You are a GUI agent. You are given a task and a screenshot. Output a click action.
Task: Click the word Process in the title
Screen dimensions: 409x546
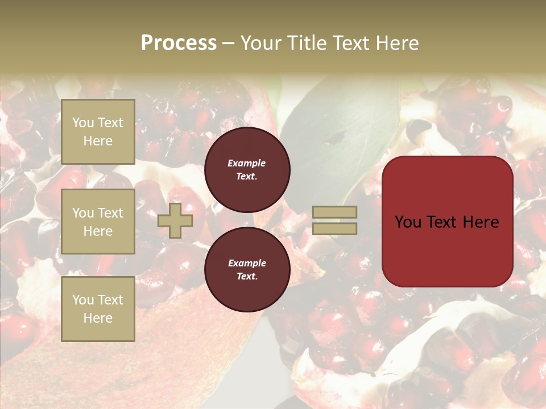[x=179, y=43]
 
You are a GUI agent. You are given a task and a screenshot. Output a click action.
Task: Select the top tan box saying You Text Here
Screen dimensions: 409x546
[x=98, y=132]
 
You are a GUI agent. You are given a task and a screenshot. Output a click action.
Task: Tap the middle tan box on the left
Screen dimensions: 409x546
[x=98, y=222]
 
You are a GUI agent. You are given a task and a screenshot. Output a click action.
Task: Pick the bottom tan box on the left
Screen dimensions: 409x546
[x=98, y=309]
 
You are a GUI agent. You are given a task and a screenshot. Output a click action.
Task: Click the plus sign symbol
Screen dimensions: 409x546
[x=175, y=221]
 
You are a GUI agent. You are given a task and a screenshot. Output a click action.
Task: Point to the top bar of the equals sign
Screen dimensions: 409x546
[x=335, y=212]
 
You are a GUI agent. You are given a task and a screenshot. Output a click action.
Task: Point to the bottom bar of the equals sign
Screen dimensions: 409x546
[x=335, y=229]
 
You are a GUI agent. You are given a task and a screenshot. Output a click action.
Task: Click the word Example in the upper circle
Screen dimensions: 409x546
[x=246, y=163]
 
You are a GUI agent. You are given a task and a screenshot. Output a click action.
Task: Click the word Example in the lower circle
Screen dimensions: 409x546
[x=246, y=263]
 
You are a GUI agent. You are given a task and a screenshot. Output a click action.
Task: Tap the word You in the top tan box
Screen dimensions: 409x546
[x=83, y=123]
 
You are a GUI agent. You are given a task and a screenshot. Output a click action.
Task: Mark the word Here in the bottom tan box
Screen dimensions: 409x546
[x=98, y=318]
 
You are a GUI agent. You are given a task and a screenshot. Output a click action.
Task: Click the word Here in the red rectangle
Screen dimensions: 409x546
[x=481, y=222]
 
